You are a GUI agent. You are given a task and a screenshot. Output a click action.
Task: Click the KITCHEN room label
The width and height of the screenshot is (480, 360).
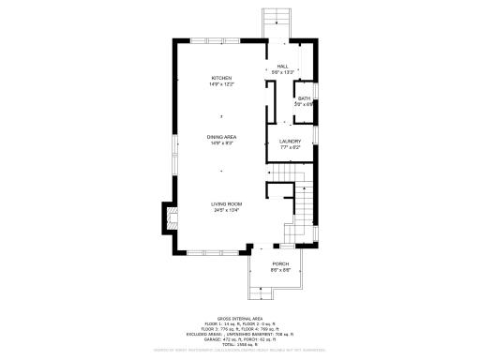(221, 78)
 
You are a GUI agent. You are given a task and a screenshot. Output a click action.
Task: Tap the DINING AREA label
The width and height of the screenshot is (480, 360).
(221, 138)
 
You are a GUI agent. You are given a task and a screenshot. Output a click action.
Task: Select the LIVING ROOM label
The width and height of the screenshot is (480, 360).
(227, 204)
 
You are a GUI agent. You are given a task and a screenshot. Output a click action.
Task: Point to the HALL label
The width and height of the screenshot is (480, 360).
(282, 67)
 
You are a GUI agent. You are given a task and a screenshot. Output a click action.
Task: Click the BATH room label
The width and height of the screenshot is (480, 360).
(304, 97)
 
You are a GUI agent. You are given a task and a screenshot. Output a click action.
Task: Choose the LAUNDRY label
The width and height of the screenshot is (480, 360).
(290, 142)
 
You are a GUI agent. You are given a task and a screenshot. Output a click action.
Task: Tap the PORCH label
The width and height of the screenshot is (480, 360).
(280, 264)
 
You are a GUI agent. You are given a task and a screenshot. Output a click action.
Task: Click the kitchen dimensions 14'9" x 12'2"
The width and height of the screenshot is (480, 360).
(221, 84)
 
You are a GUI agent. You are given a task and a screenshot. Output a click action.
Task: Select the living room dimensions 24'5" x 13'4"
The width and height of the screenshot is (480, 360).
(227, 210)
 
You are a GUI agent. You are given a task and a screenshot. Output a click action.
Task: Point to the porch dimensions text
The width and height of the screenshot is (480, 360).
(280, 270)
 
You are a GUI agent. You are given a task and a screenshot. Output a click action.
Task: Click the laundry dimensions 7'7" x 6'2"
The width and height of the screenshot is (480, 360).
(290, 147)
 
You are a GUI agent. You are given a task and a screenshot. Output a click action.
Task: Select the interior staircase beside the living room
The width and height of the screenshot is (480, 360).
(303, 201)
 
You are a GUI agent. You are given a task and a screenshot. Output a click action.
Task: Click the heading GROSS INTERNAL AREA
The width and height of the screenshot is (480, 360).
(240, 319)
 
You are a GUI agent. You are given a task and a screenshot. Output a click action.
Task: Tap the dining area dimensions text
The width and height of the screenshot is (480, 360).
(221, 143)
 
